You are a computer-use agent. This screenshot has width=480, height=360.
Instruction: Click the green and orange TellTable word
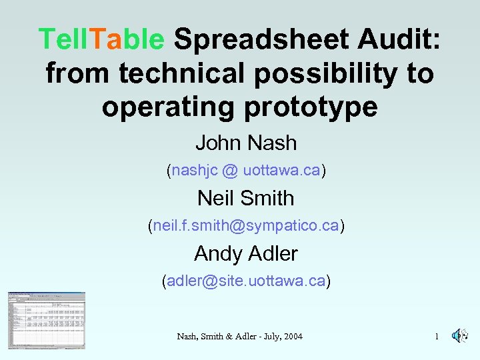101,39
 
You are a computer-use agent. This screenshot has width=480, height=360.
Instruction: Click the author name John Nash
245,142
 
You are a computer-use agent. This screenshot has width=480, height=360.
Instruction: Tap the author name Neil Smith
245,198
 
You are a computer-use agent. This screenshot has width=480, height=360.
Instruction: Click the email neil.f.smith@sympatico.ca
245,226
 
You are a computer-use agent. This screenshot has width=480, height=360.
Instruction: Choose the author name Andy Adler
245,253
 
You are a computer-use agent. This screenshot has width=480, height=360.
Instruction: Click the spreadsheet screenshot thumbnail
46,320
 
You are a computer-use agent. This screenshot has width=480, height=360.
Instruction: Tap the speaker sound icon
459,336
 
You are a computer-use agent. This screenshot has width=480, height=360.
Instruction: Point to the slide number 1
437,337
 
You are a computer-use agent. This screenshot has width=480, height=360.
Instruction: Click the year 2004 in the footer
291,337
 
